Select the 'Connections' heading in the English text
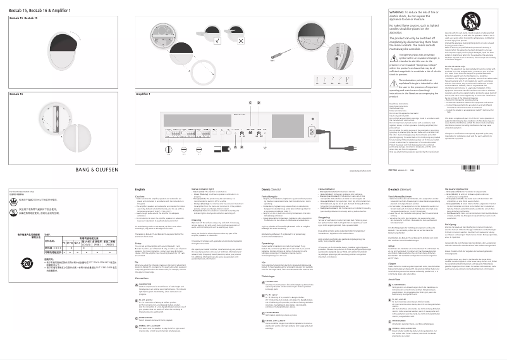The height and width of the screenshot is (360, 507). (145, 280)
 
